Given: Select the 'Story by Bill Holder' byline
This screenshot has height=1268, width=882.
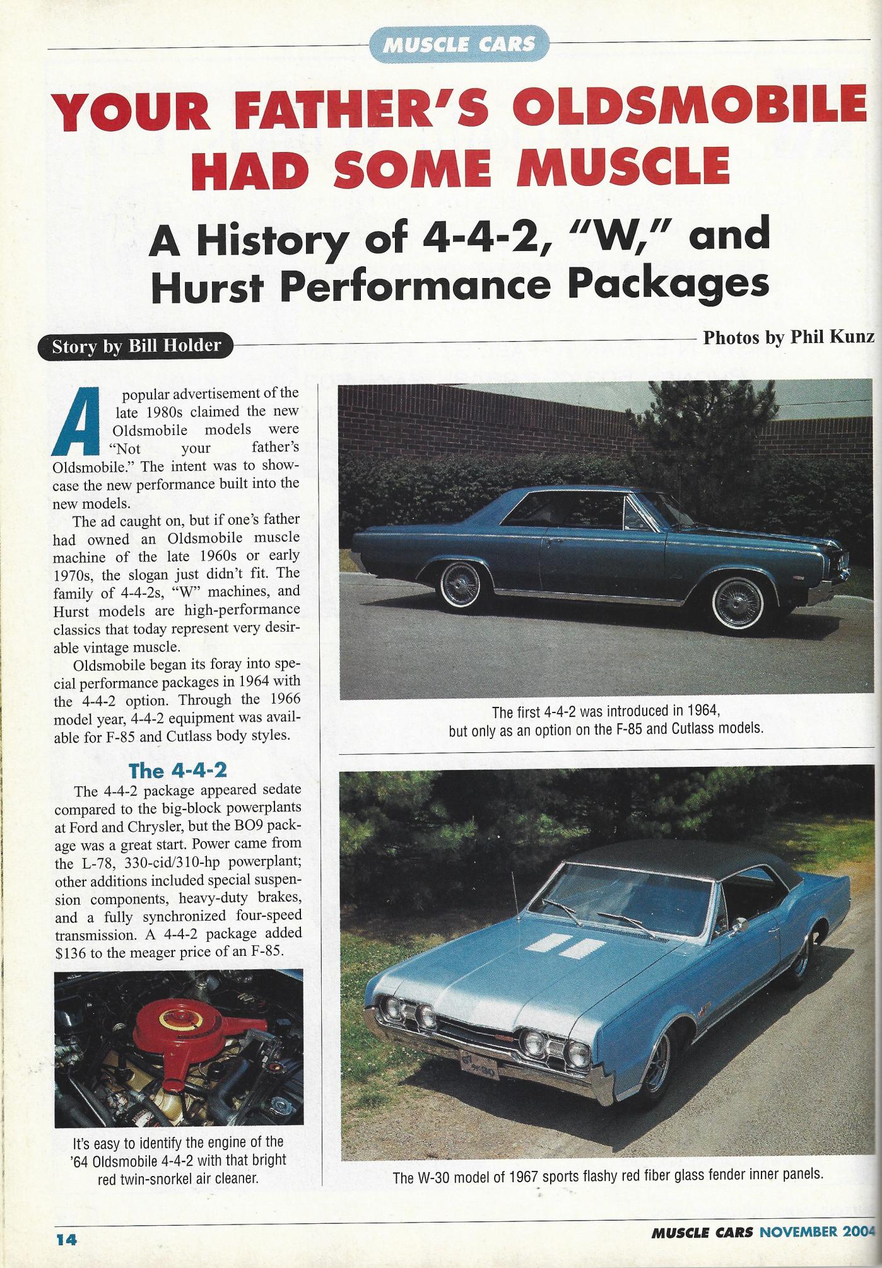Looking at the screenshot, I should [x=136, y=346].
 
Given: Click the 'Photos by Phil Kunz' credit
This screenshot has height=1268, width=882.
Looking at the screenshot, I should [x=788, y=337].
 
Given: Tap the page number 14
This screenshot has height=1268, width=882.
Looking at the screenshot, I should [x=66, y=1239].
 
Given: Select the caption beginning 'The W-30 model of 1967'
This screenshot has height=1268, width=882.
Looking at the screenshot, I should [x=608, y=1176].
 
